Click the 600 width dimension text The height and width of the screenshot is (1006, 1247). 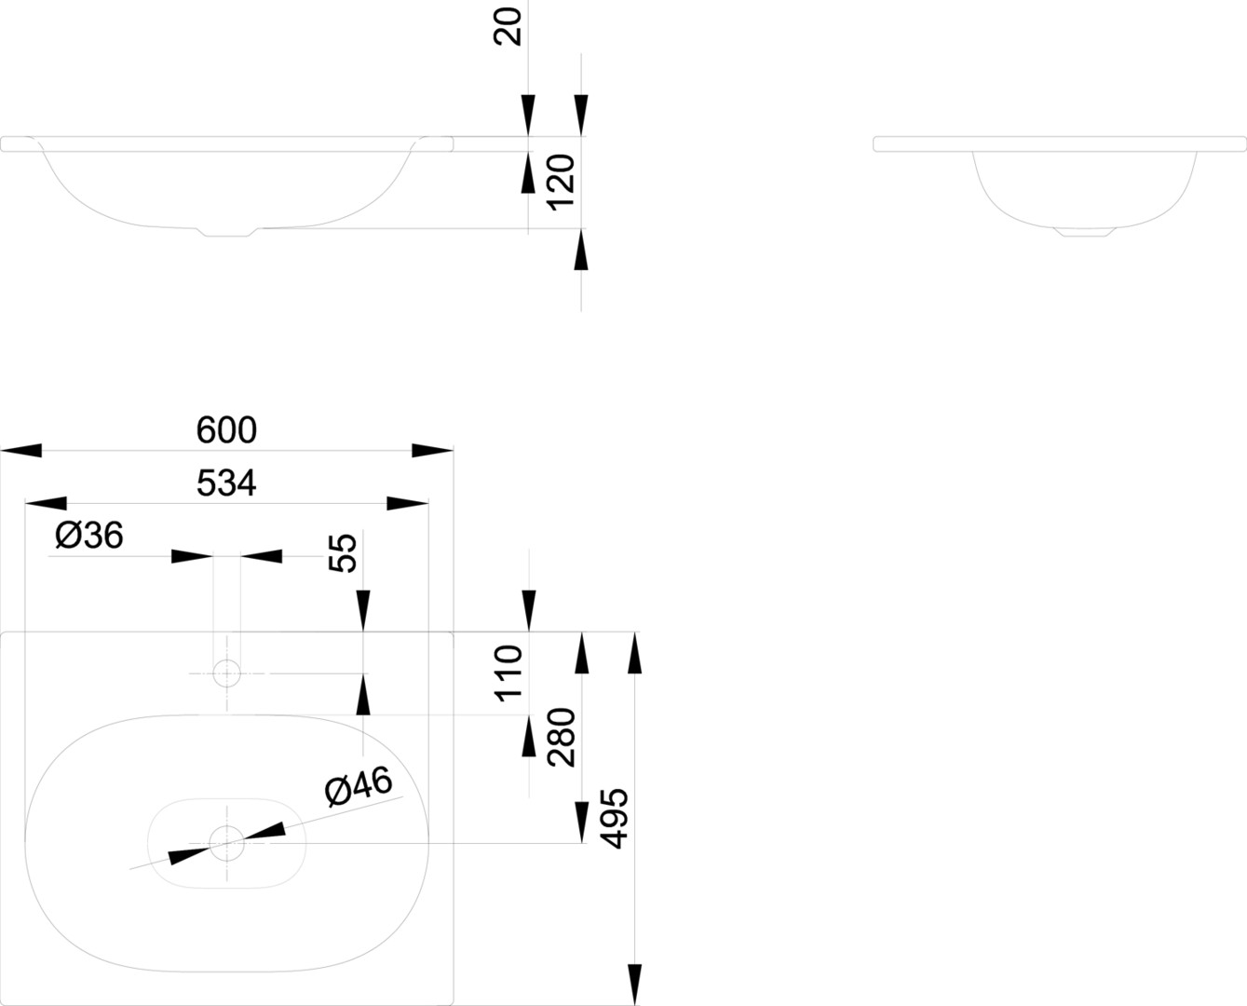[x=226, y=430]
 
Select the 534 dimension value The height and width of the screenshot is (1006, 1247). [x=226, y=483]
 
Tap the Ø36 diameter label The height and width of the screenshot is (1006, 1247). [x=89, y=536]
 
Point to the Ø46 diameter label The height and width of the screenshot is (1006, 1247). [x=359, y=787]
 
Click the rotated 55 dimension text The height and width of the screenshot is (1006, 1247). [x=344, y=552]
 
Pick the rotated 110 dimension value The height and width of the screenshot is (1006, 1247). [x=509, y=673]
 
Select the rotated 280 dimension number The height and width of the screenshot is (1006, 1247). [x=562, y=737]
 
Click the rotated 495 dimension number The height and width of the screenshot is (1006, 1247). [x=615, y=818]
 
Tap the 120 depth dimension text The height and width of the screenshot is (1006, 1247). [x=562, y=181]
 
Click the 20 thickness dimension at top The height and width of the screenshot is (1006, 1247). [x=509, y=25]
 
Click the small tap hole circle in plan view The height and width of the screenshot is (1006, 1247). [x=226, y=673]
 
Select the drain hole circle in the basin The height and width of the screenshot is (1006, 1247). [x=226, y=844]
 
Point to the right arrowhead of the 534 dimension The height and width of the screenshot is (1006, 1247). [x=408, y=504]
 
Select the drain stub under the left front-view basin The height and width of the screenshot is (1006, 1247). [x=227, y=233]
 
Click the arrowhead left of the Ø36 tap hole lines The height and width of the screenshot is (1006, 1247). [x=193, y=557]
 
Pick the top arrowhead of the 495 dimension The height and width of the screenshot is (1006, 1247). [x=635, y=652]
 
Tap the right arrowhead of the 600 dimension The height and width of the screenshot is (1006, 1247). [x=432, y=451]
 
